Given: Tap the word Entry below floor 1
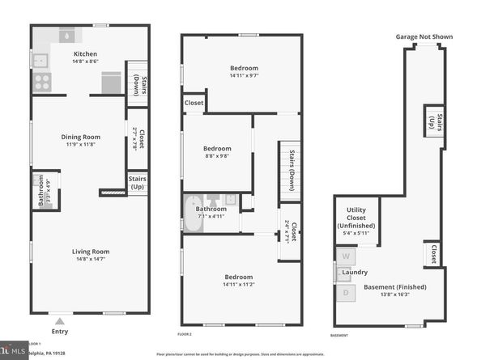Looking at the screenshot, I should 60,330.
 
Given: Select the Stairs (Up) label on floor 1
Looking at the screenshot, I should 138,183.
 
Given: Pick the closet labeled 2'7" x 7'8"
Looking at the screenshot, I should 135,137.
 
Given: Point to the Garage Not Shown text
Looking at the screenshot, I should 424,36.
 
